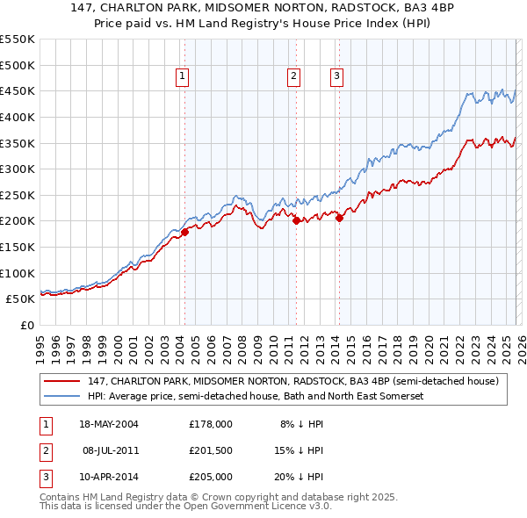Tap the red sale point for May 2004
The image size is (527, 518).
[184, 233]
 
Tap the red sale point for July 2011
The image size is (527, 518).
[296, 220]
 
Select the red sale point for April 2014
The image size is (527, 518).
[339, 219]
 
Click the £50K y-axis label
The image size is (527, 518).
[21, 299]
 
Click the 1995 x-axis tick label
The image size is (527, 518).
[40, 343]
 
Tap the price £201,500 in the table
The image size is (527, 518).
[210, 450]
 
